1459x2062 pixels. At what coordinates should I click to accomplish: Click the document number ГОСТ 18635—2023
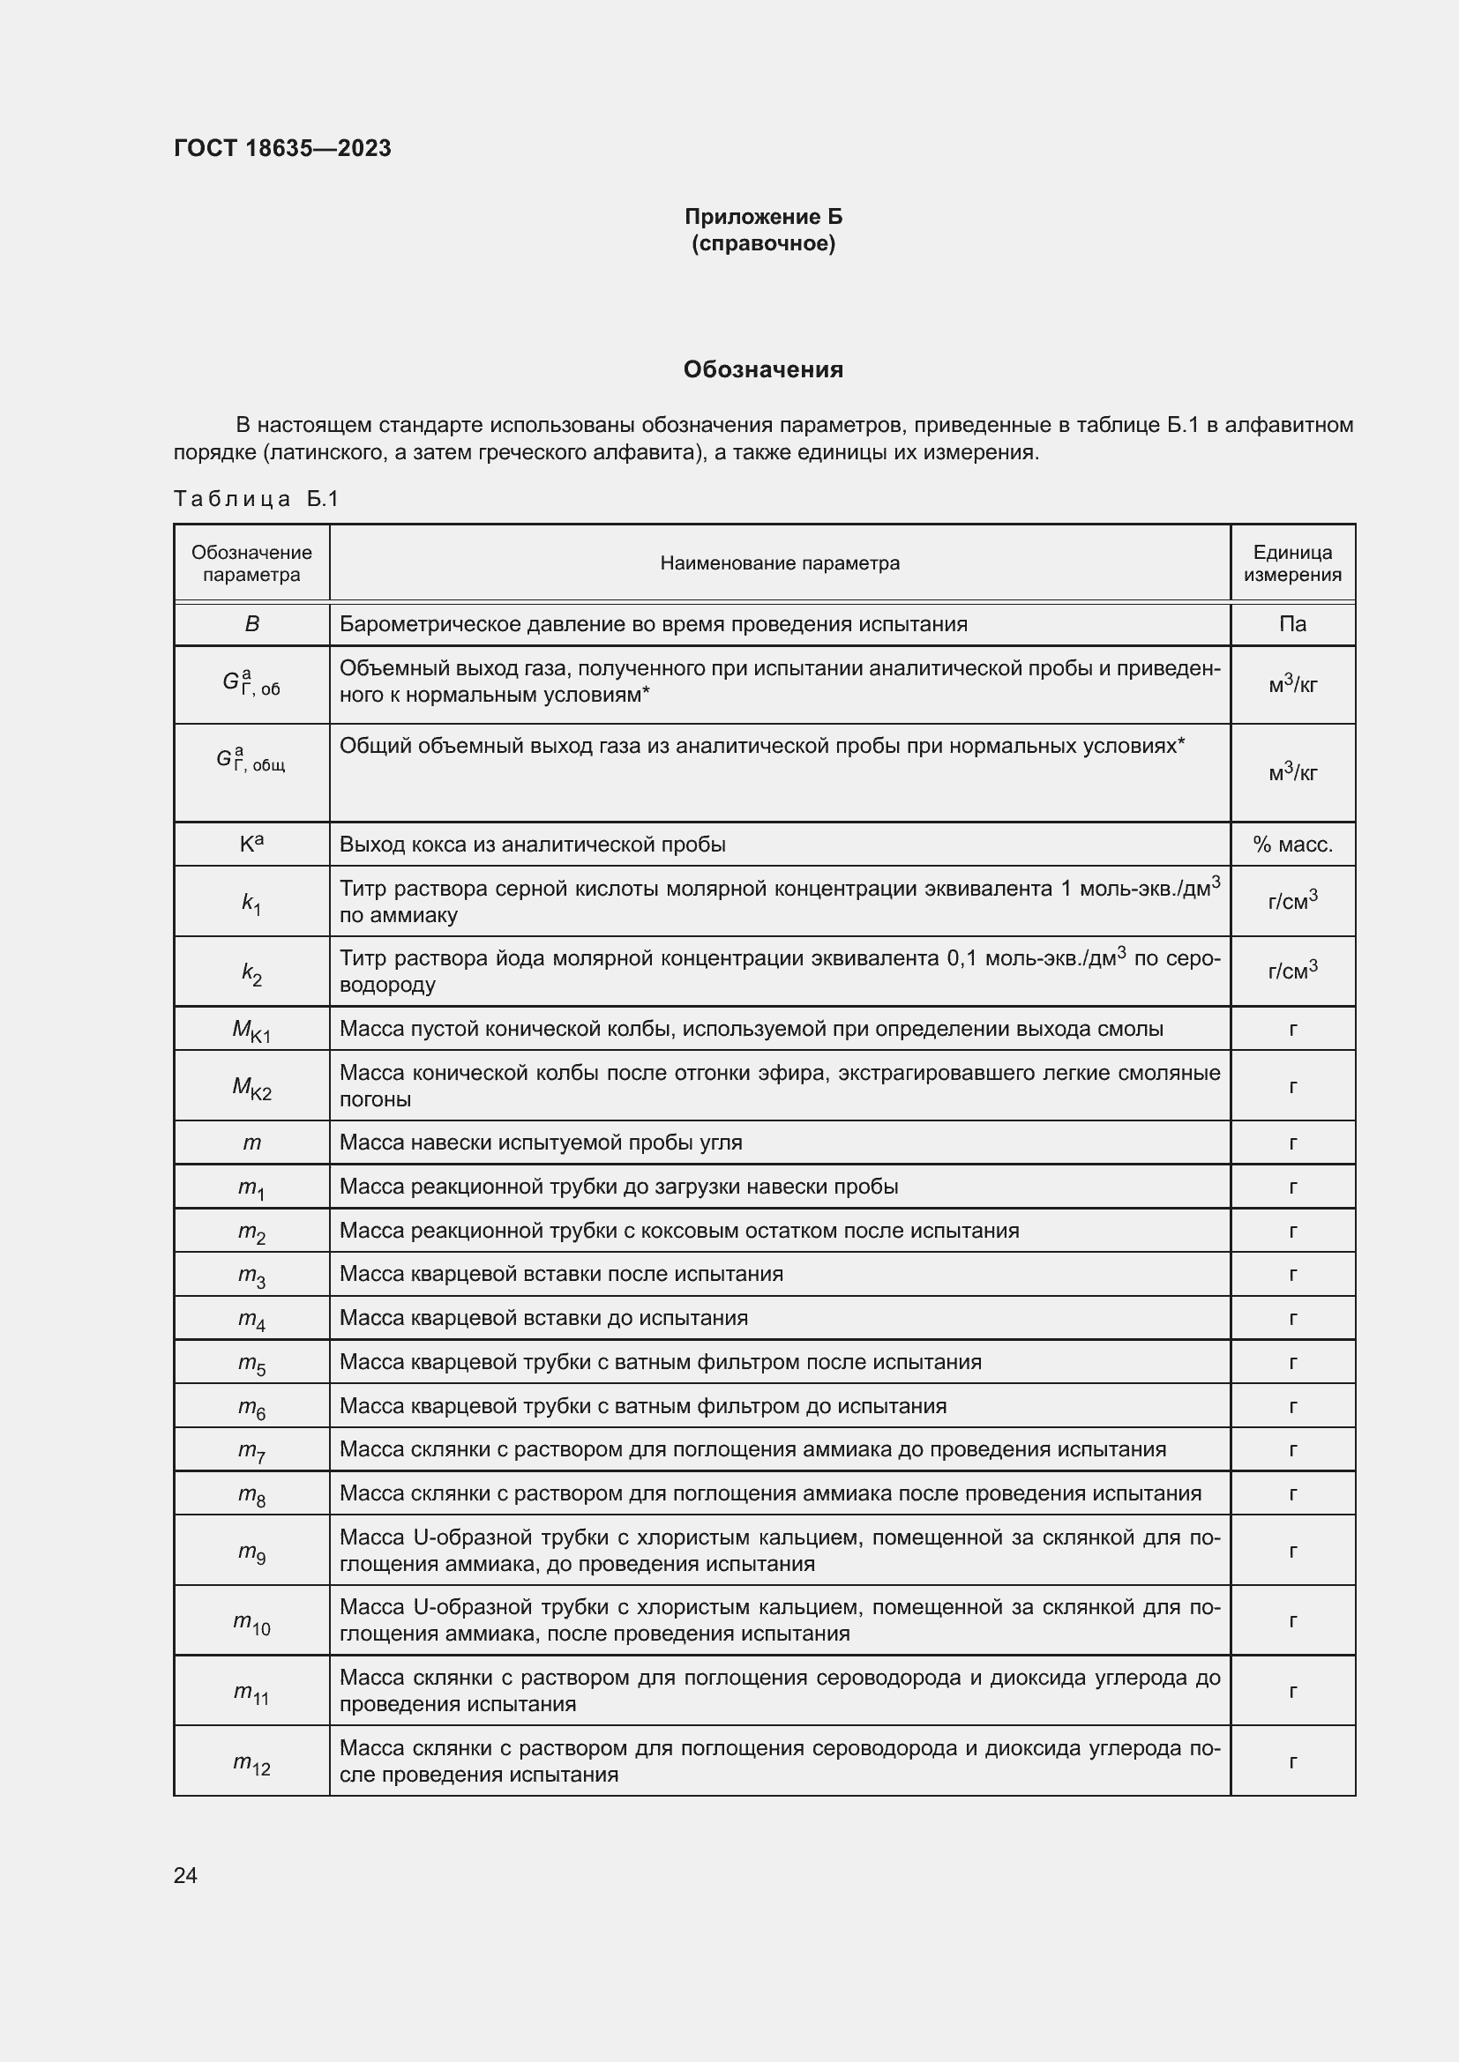282,148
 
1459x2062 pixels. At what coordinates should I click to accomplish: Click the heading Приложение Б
763,217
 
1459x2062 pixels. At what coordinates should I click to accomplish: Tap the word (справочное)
763,243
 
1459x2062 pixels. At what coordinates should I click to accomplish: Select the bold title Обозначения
763,369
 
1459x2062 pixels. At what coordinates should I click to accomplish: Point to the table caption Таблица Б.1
256,498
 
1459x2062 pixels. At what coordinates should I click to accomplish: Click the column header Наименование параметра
779,563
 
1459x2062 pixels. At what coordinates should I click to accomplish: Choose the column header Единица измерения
1292,563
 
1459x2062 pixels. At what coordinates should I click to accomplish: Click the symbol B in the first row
251,624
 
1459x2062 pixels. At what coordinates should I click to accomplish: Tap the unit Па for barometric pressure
1292,624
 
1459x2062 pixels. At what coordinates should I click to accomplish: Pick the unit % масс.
1292,845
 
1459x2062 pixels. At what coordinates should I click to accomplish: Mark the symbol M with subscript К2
251,1087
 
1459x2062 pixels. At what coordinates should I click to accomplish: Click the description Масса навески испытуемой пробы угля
541,1143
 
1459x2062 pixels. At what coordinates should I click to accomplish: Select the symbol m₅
251,1363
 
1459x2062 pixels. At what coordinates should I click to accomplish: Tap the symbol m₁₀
251,1621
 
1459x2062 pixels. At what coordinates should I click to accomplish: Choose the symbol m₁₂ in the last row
251,1762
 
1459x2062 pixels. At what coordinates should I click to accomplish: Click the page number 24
185,1875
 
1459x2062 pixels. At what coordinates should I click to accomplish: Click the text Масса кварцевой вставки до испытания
543,1317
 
